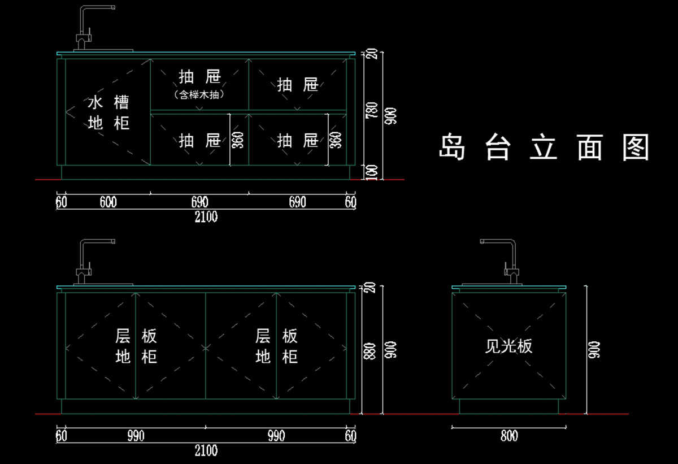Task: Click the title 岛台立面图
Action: pyautogui.click(x=544, y=147)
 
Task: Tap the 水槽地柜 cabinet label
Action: pyautogui.click(x=108, y=112)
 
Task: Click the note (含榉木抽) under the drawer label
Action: pyautogui.click(x=199, y=95)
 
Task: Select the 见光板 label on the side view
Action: pyautogui.click(x=508, y=346)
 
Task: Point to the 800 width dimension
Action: pyautogui.click(x=509, y=436)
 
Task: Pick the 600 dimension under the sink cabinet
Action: pyautogui.click(x=108, y=202)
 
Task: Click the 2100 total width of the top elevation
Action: pyautogui.click(x=206, y=216)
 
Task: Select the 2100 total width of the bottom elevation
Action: pyautogui.click(x=206, y=450)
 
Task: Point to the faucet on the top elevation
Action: pyautogui.click(x=90, y=28)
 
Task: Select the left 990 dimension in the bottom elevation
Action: pyautogui.click(x=136, y=436)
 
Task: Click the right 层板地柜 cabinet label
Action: pyautogui.click(x=276, y=346)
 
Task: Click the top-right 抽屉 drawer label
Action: pyautogui.click(x=298, y=85)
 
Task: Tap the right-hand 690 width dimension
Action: pyautogui.click(x=298, y=202)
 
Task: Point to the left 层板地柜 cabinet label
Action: pyautogui.click(x=136, y=346)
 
